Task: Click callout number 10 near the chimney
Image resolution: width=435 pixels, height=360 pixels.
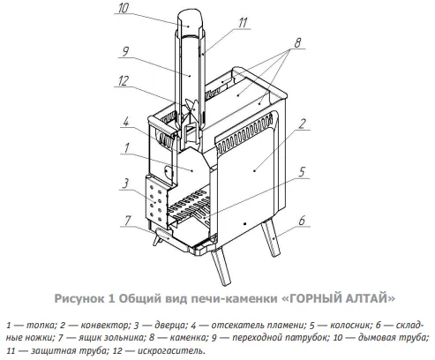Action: coord(124,8)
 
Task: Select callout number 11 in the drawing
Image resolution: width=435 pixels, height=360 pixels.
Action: coord(243,23)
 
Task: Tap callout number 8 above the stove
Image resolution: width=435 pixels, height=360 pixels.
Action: coord(297,43)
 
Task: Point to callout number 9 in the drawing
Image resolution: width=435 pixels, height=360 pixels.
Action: coord(125,52)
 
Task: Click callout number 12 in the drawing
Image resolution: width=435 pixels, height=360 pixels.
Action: coord(124,80)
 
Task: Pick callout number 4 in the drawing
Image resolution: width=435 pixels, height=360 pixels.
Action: coord(126,121)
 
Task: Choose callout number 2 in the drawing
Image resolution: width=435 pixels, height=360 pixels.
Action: coord(302,124)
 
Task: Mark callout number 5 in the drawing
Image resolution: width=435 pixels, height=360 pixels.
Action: coord(302,172)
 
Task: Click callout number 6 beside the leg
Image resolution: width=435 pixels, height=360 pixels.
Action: coord(302,221)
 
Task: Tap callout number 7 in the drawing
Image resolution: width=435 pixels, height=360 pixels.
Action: coord(127,221)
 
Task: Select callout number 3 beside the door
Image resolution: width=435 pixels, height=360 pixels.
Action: coord(125,184)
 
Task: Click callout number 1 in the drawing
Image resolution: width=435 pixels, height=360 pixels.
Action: coord(127,148)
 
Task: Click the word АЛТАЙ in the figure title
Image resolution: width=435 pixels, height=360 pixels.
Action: coord(369,298)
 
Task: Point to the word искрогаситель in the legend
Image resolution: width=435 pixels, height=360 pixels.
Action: coord(171,350)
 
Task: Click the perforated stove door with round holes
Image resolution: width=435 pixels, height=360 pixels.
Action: coord(155,202)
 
